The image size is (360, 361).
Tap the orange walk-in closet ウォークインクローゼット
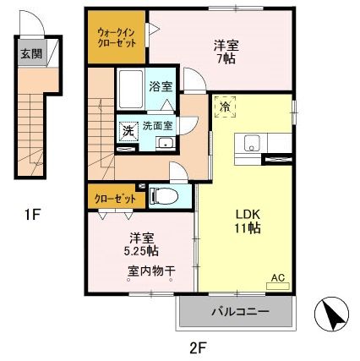[x=116, y=36]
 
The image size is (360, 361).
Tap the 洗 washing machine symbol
[x=127, y=131]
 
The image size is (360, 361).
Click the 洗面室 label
[x=158, y=125]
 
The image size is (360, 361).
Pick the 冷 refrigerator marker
[x=225, y=107]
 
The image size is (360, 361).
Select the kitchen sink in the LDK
[x=250, y=145]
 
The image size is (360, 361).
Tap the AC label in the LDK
[x=277, y=276]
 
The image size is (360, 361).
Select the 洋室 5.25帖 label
[x=137, y=243]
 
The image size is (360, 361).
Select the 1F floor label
[x=32, y=214]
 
